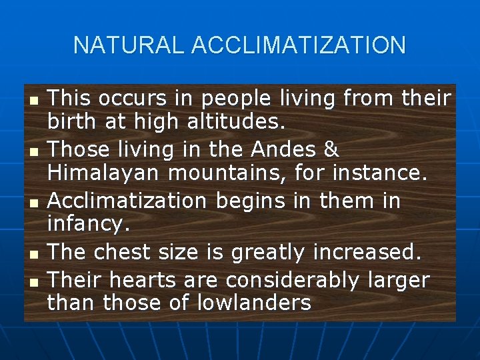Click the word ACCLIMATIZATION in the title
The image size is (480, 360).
point(298,45)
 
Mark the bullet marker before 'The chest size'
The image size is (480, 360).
point(34,253)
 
